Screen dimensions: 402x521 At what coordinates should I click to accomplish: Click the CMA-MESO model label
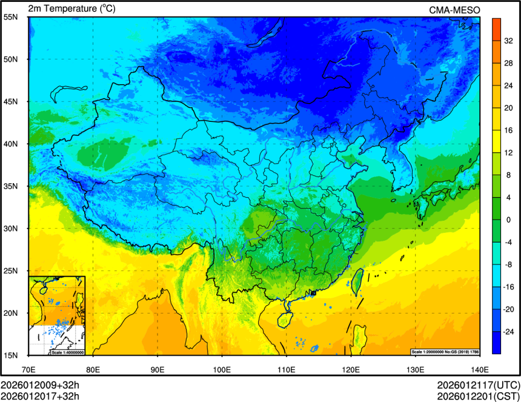pos(454,9)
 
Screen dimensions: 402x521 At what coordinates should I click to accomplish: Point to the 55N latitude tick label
pos(10,17)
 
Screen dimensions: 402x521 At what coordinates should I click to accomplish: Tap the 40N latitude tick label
pos(10,144)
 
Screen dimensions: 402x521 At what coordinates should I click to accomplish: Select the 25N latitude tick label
pos(10,271)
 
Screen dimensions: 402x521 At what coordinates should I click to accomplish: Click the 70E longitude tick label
pos(28,369)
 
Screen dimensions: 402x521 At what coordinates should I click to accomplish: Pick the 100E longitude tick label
pos(222,369)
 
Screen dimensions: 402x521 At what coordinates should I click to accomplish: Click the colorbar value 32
pos(508,41)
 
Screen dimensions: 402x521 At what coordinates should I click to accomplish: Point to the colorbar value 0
pos(508,219)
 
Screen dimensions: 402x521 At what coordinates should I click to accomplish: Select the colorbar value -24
pos(508,332)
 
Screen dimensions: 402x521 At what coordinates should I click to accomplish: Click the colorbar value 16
pos(508,130)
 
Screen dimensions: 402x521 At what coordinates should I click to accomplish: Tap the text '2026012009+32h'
pos(40,386)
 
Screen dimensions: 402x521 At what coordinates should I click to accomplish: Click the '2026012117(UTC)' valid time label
pos(478,386)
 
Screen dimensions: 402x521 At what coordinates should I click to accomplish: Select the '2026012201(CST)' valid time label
pos(478,396)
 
